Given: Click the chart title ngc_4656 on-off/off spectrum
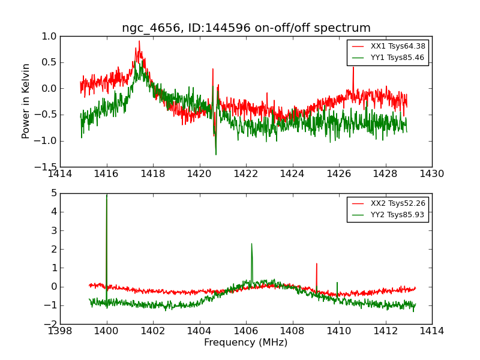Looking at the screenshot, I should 246,28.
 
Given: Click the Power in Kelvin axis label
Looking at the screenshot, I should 26,101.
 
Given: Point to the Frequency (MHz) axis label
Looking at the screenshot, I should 246,343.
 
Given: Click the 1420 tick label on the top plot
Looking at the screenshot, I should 199,174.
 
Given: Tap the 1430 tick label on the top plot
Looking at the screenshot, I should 431,174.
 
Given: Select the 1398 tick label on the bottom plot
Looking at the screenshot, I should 60,331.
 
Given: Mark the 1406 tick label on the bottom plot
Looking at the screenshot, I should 246,331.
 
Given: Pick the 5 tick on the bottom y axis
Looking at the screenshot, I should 54,193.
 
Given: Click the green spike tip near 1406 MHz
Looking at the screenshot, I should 251,244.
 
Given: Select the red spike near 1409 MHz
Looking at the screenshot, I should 317,264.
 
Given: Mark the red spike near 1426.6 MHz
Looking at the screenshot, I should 353,68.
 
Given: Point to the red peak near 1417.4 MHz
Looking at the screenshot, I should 139,42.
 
